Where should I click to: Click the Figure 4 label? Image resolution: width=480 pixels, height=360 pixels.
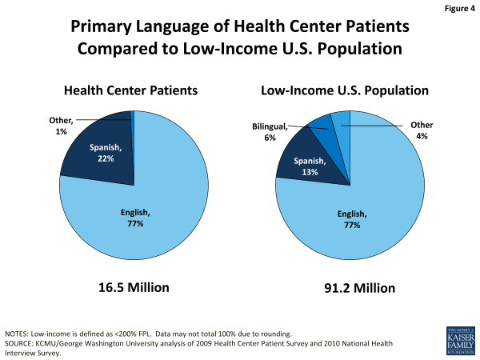[x=454, y=10]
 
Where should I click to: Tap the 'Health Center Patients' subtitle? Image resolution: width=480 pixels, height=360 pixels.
[x=131, y=90]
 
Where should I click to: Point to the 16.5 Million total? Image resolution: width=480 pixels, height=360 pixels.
[x=131, y=286]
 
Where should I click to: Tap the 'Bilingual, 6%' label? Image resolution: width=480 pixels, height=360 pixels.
[x=270, y=131]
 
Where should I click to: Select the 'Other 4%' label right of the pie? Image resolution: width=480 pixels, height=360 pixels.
[x=422, y=130]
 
